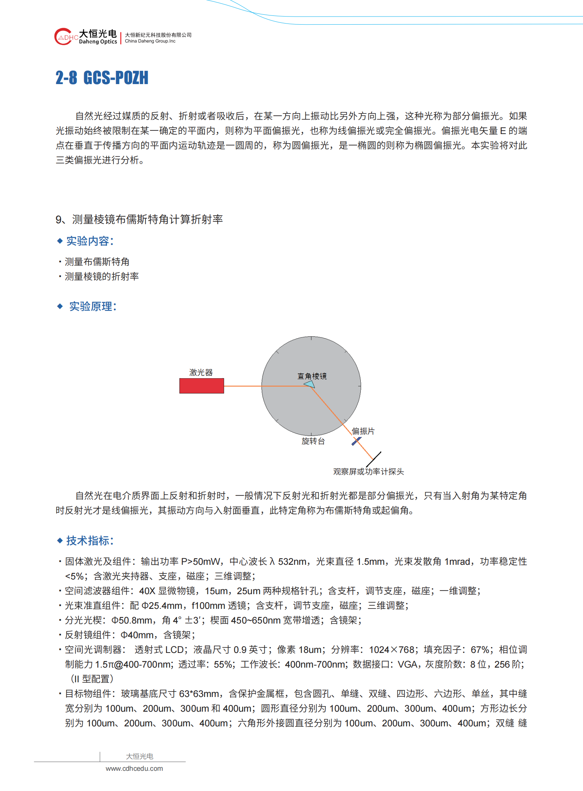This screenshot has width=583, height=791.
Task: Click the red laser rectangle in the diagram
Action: click(x=201, y=386)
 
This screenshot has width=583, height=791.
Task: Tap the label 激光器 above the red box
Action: click(x=201, y=372)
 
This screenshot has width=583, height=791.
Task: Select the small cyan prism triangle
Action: click(x=310, y=384)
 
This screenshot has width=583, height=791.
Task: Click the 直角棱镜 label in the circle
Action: click(x=312, y=376)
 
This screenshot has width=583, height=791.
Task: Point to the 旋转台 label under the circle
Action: click(x=313, y=441)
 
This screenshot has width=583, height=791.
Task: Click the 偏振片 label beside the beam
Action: click(x=363, y=431)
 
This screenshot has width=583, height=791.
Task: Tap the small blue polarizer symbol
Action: click(x=356, y=441)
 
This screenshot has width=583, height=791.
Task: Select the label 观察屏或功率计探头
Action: click(x=368, y=472)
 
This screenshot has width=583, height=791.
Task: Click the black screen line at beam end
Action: click(x=374, y=459)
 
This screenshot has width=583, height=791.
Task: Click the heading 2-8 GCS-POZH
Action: click(x=102, y=78)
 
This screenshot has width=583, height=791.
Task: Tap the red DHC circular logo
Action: click(x=64, y=37)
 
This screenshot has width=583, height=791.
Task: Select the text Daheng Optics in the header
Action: click(x=98, y=42)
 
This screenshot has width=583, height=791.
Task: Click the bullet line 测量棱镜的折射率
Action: click(x=102, y=277)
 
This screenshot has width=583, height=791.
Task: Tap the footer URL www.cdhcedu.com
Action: click(x=134, y=769)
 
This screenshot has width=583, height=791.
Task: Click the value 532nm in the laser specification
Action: click(x=292, y=561)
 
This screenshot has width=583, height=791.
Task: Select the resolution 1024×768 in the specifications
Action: click(x=392, y=650)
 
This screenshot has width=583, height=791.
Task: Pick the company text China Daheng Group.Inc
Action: click(x=150, y=41)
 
